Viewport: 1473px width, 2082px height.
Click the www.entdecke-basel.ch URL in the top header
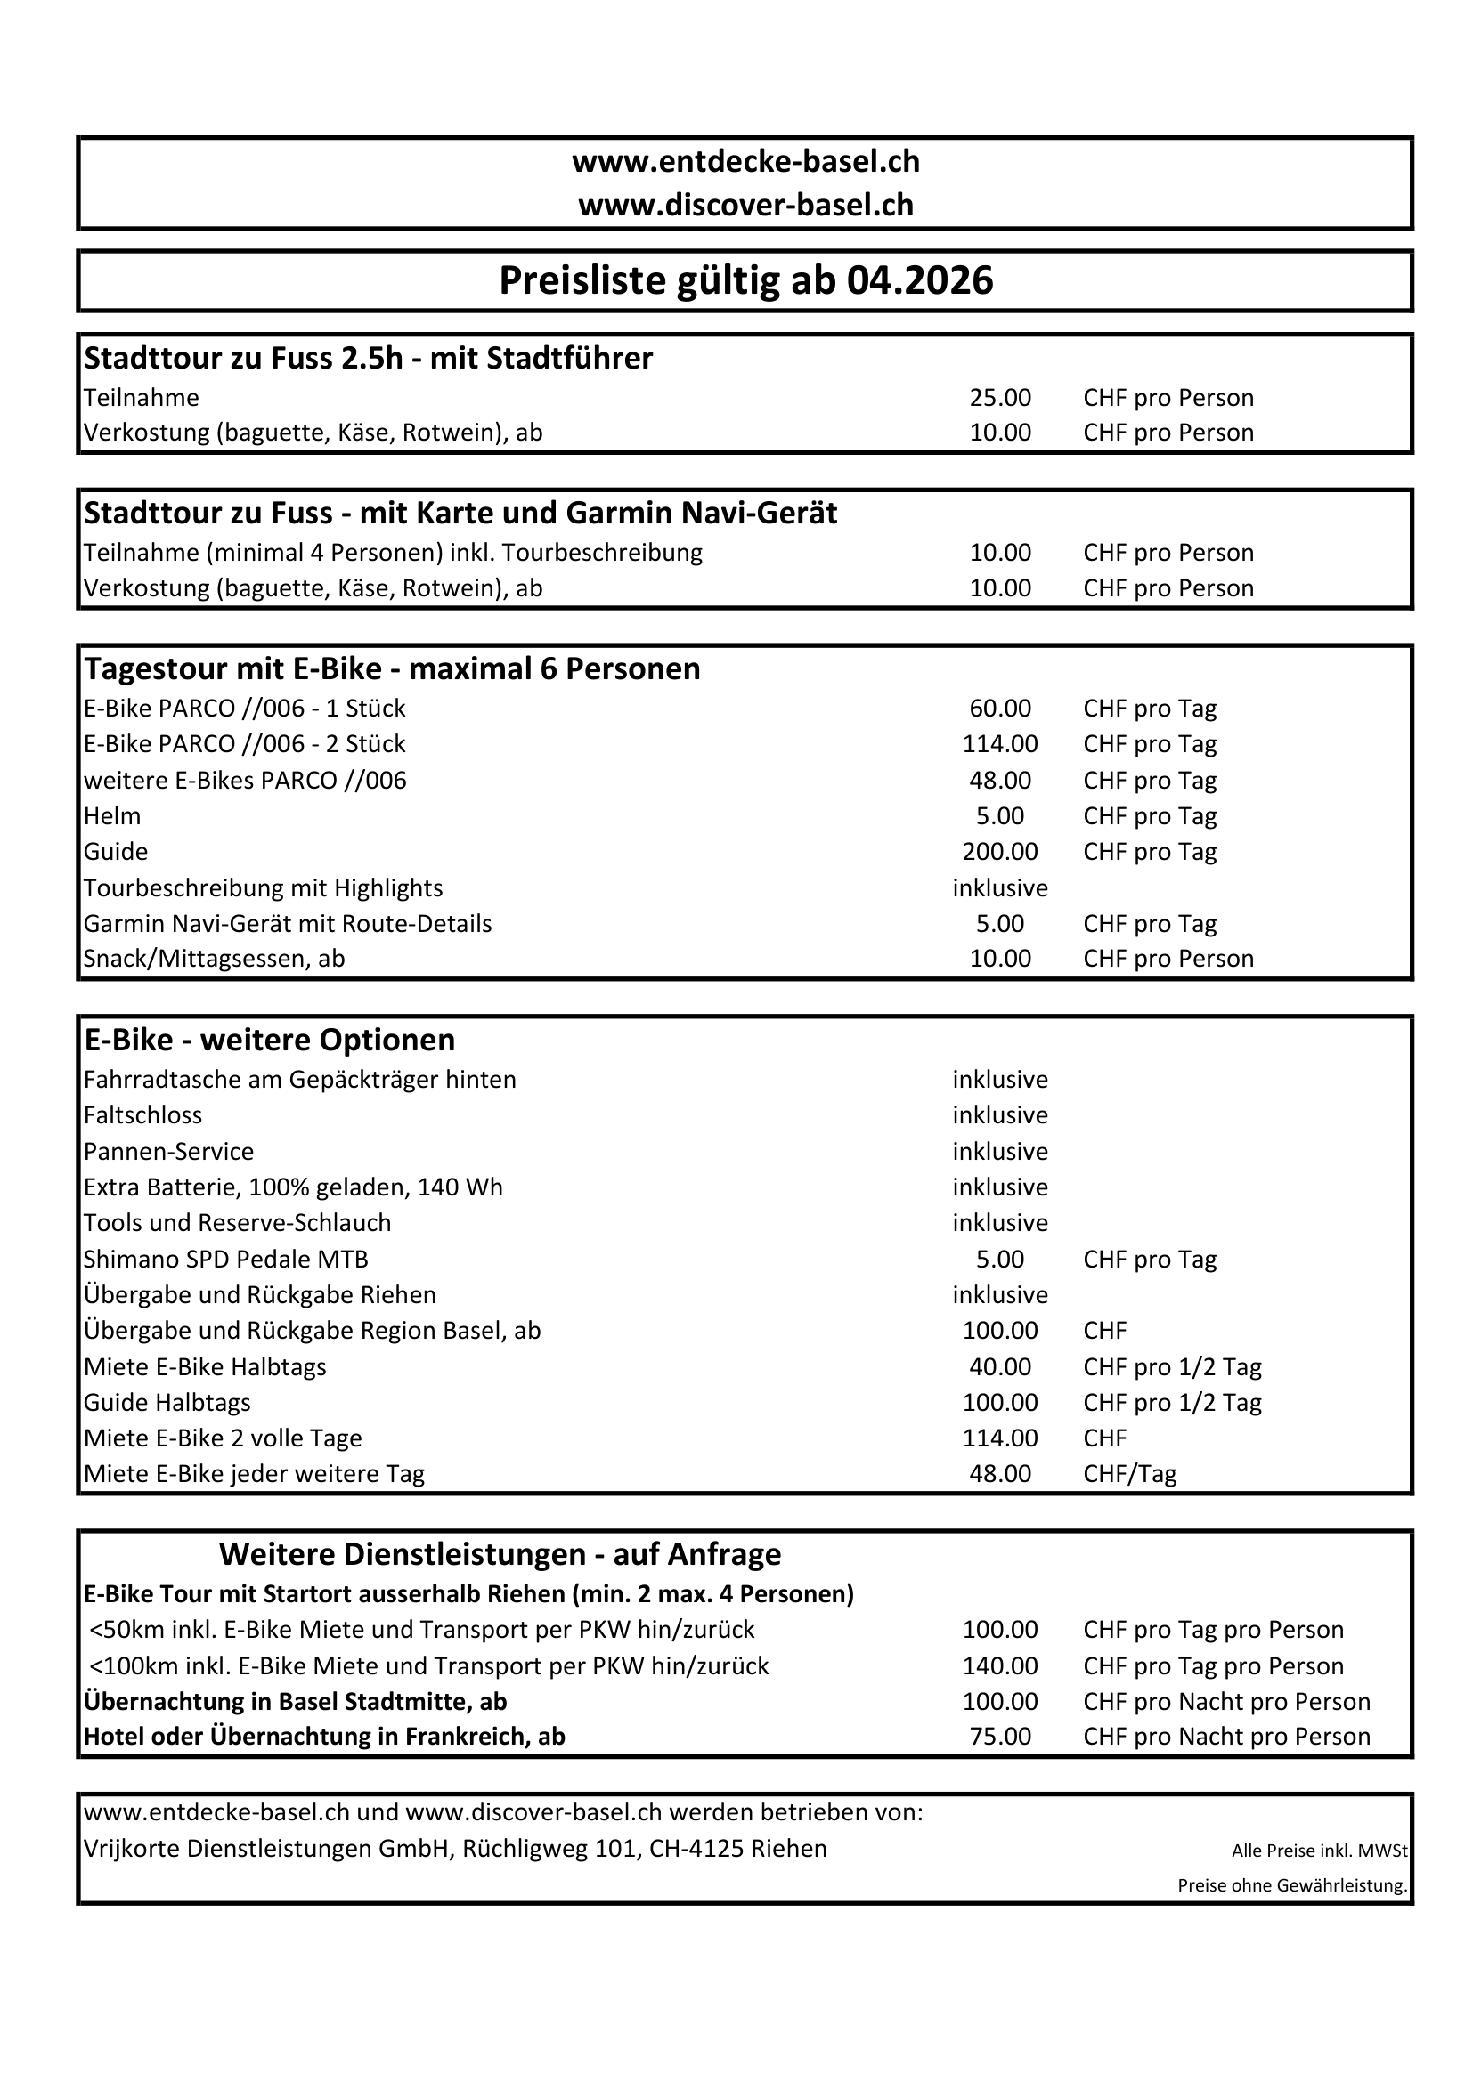pyautogui.click(x=745, y=161)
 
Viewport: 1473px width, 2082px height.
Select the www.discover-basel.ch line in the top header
pyautogui.click(x=745, y=205)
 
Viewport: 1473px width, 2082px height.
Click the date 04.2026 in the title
pyautogui.click(x=920, y=281)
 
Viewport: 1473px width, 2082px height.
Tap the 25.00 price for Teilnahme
pyautogui.click(x=999, y=398)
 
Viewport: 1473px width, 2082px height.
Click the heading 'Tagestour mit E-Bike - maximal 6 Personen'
pyautogui.click(x=392, y=669)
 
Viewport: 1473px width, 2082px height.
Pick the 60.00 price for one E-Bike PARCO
pyautogui.click(x=999, y=709)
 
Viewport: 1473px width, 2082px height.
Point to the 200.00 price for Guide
pyautogui.click(x=999, y=852)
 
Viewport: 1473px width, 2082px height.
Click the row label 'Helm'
pyautogui.click(x=112, y=816)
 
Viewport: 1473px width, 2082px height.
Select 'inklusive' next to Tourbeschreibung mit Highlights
pyautogui.click(x=999, y=887)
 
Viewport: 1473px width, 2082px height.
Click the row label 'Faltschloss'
pyautogui.click(x=143, y=1115)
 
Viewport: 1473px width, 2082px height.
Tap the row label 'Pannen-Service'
pyautogui.click(x=168, y=1152)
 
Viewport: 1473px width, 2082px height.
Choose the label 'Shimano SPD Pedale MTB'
pyautogui.click(x=226, y=1260)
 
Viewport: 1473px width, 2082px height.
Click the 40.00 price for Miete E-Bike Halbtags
pyautogui.click(x=999, y=1366)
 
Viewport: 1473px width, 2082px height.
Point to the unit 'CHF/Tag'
pyautogui.click(x=1129, y=1473)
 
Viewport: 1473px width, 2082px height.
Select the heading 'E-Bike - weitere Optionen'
pyautogui.click(x=269, y=1040)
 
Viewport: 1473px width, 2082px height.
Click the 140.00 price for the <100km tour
pyautogui.click(x=999, y=1665)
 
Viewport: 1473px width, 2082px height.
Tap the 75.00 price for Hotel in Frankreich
pyautogui.click(x=999, y=1737)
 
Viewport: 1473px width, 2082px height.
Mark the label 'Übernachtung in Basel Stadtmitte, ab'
pyautogui.click(x=295, y=1701)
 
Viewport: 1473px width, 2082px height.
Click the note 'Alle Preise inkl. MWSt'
pyautogui.click(x=1319, y=1851)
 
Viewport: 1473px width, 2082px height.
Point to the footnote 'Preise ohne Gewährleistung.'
pyautogui.click(x=1291, y=1885)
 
